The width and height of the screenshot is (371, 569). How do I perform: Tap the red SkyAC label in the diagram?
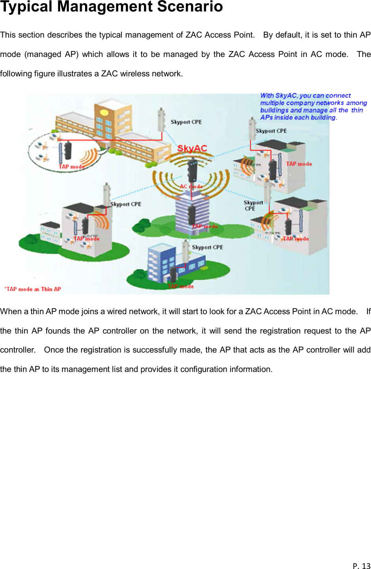(x=192, y=148)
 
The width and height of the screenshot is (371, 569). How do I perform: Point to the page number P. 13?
(x=361, y=565)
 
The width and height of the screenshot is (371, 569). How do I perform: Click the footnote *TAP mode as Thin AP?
(x=33, y=289)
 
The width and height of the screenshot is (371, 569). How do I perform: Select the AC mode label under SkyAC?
(x=191, y=186)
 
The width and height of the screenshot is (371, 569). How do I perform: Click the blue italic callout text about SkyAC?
(x=312, y=106)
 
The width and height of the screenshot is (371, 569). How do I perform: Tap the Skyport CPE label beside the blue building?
(x=207, y=247)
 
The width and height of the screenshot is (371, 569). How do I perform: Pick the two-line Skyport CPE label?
(x=253, y=205)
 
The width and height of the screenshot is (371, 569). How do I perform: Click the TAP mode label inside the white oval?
(x=71, y=167)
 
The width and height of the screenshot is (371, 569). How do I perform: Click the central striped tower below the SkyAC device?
(x=192, y=216)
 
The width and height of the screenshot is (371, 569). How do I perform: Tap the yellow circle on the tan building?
(x=104, y=112)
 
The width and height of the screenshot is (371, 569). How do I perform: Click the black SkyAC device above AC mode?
(x=192, y=170)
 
